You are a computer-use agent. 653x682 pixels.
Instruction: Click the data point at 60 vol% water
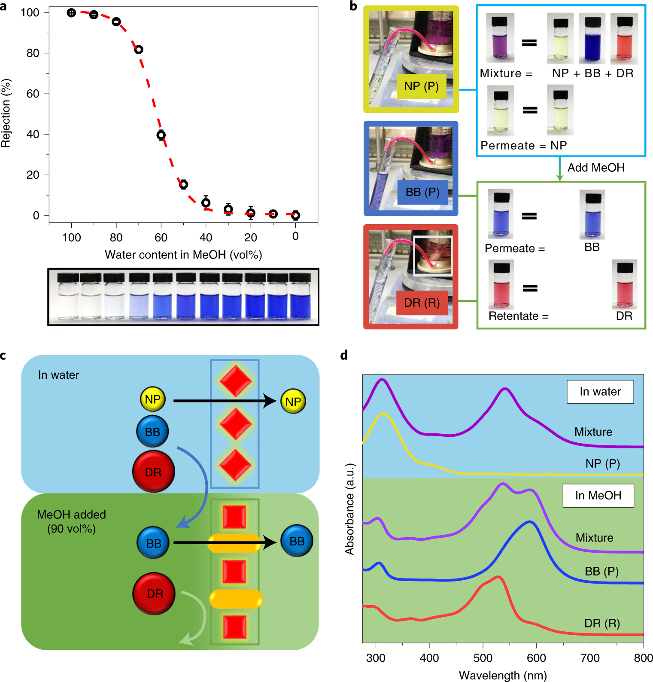161,135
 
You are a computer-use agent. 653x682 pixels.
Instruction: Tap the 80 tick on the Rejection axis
33,53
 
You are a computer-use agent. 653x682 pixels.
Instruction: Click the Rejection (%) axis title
6,113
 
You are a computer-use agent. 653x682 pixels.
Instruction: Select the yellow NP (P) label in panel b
421,86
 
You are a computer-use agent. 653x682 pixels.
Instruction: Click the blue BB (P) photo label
422,192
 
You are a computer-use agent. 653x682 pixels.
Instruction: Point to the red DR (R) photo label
422,303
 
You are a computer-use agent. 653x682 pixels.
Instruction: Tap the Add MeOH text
596,167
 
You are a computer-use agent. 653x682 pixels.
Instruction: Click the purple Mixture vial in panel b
500,39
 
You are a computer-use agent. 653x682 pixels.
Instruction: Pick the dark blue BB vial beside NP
592,39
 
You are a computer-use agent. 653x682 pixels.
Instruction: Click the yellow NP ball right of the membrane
293,402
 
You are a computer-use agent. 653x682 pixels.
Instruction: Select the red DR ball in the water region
153,472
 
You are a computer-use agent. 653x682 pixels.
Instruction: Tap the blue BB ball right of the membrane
297,541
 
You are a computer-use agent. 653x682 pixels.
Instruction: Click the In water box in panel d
600,392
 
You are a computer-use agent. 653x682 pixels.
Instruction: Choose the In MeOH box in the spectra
598,496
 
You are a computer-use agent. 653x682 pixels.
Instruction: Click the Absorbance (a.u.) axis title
350,509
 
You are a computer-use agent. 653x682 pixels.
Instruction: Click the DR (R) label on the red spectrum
602,623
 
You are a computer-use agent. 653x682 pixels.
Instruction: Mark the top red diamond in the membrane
235,381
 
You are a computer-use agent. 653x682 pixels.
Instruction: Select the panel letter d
344,355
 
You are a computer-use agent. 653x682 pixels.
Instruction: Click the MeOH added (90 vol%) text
71,521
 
